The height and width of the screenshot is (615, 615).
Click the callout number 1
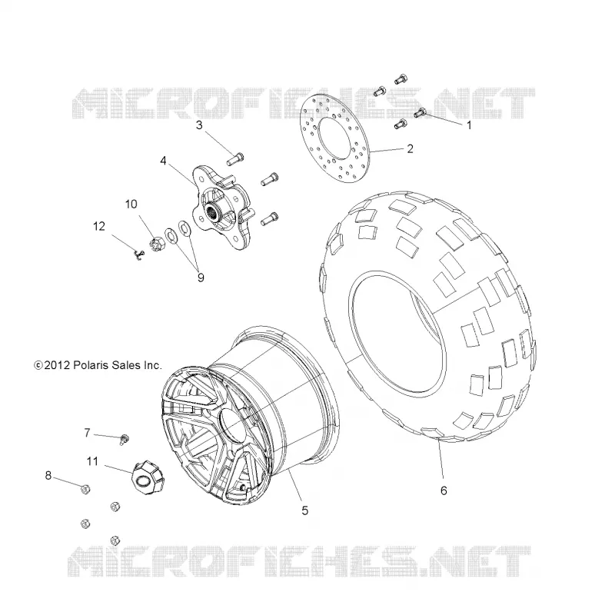[468, 125]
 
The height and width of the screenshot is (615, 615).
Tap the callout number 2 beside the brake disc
[410, 149]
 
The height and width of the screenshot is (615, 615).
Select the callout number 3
[199, 125]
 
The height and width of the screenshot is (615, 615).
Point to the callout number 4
[163, 161]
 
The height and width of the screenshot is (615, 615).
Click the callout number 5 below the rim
[304, 510]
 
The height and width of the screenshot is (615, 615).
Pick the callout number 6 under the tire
[444, 490]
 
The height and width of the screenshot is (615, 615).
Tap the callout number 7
[87, 433]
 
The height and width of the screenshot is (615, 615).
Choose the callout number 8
[48, 476]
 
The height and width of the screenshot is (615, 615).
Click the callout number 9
[201, 278]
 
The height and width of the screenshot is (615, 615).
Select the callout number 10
[131, 204]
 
